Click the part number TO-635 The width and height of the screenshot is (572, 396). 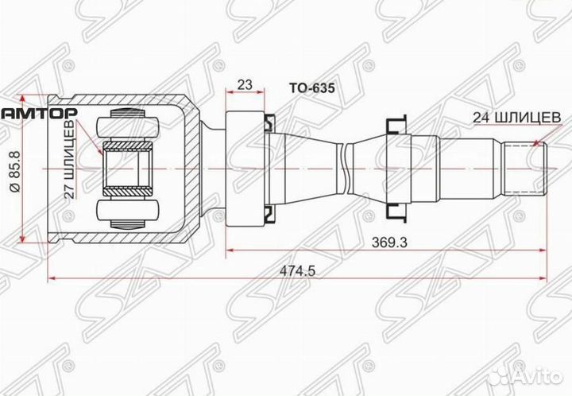coord(311,90)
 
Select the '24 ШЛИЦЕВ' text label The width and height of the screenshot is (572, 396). coord(517,116)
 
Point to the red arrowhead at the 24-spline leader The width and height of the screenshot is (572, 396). coord(539,144)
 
